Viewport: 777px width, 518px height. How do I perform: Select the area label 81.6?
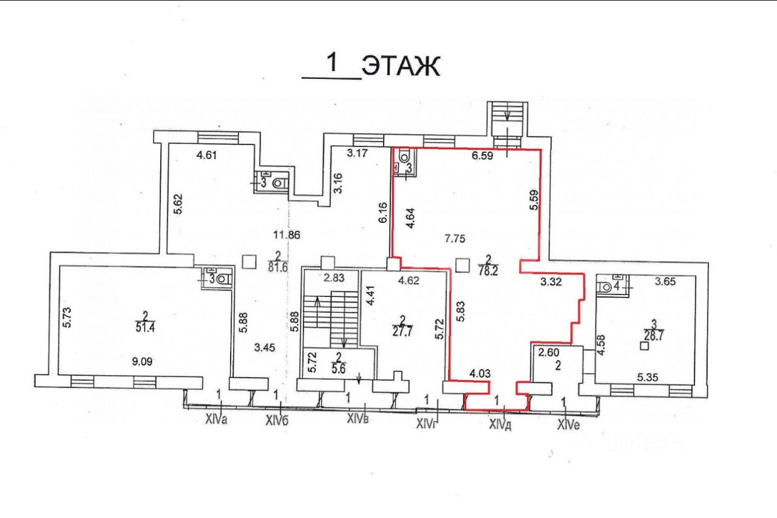[x=277, y=265]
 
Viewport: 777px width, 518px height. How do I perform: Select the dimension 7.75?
[x=455, y=239]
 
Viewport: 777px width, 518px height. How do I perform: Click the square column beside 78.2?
[x=462, y=265]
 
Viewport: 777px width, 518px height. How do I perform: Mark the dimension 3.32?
[x=550, y=281]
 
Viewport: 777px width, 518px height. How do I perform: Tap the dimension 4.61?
[x=207, y=154]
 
